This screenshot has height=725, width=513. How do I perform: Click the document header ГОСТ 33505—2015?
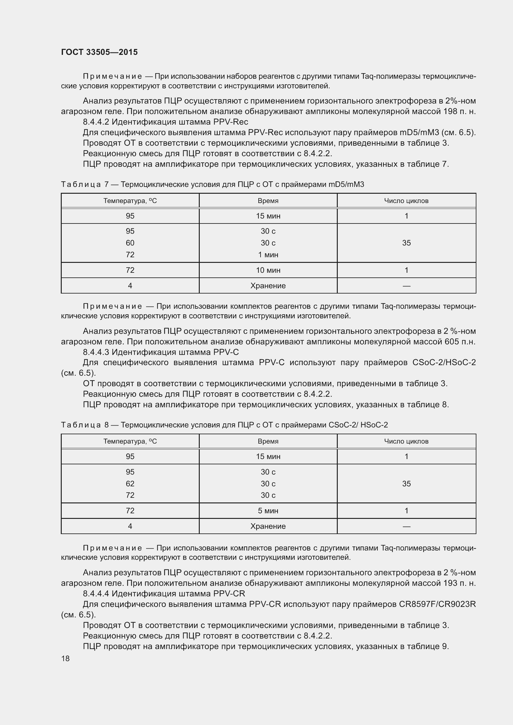click(99, 52)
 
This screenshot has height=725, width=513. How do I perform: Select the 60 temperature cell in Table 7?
click(130, 243)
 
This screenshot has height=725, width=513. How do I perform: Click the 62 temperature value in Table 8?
click(130, 484)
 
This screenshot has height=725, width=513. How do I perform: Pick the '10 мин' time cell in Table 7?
click(268, 270)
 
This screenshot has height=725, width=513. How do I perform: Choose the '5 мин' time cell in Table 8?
click(268, 511)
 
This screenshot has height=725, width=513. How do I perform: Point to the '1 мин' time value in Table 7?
click(268, 255)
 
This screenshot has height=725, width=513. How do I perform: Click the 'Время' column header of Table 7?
click(268, 201)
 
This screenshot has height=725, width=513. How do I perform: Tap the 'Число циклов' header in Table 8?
click(406, 441)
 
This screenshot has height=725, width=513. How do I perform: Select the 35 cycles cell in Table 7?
click(406, 243)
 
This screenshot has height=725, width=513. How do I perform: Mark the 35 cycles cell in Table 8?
click(406, 484)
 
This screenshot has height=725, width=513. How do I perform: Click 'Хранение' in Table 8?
click(268, 526)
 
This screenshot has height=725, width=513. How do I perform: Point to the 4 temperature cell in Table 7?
click(130, 286)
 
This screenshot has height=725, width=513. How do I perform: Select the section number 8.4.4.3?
click(96, 352)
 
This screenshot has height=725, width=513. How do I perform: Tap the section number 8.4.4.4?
click(96, 594)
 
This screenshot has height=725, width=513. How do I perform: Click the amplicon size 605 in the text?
click(451, 342)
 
